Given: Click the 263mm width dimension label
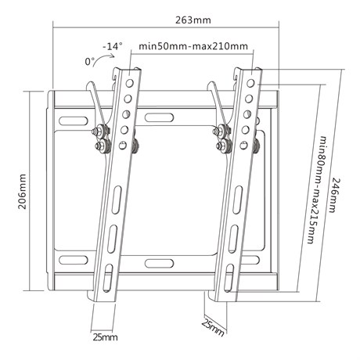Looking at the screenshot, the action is pyautogui.click(x=193, y=20).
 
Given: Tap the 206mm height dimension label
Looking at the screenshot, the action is pyautogui.click(x=22, y=192).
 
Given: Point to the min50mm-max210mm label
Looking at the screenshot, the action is pyautogui.click(x=193, y=46).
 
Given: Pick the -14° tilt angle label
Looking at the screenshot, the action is pyautogui.click(x=113, y=46).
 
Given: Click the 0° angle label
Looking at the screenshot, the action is pyautogui.click(x=90, y=62).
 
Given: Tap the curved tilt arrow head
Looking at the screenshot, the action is pyautogui.click(x=113, y=56).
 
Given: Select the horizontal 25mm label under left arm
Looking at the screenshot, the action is pyautogui.click(x=105, y=337).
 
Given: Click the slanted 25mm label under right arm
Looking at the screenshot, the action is pyautogui.click(x=213, y=328).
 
